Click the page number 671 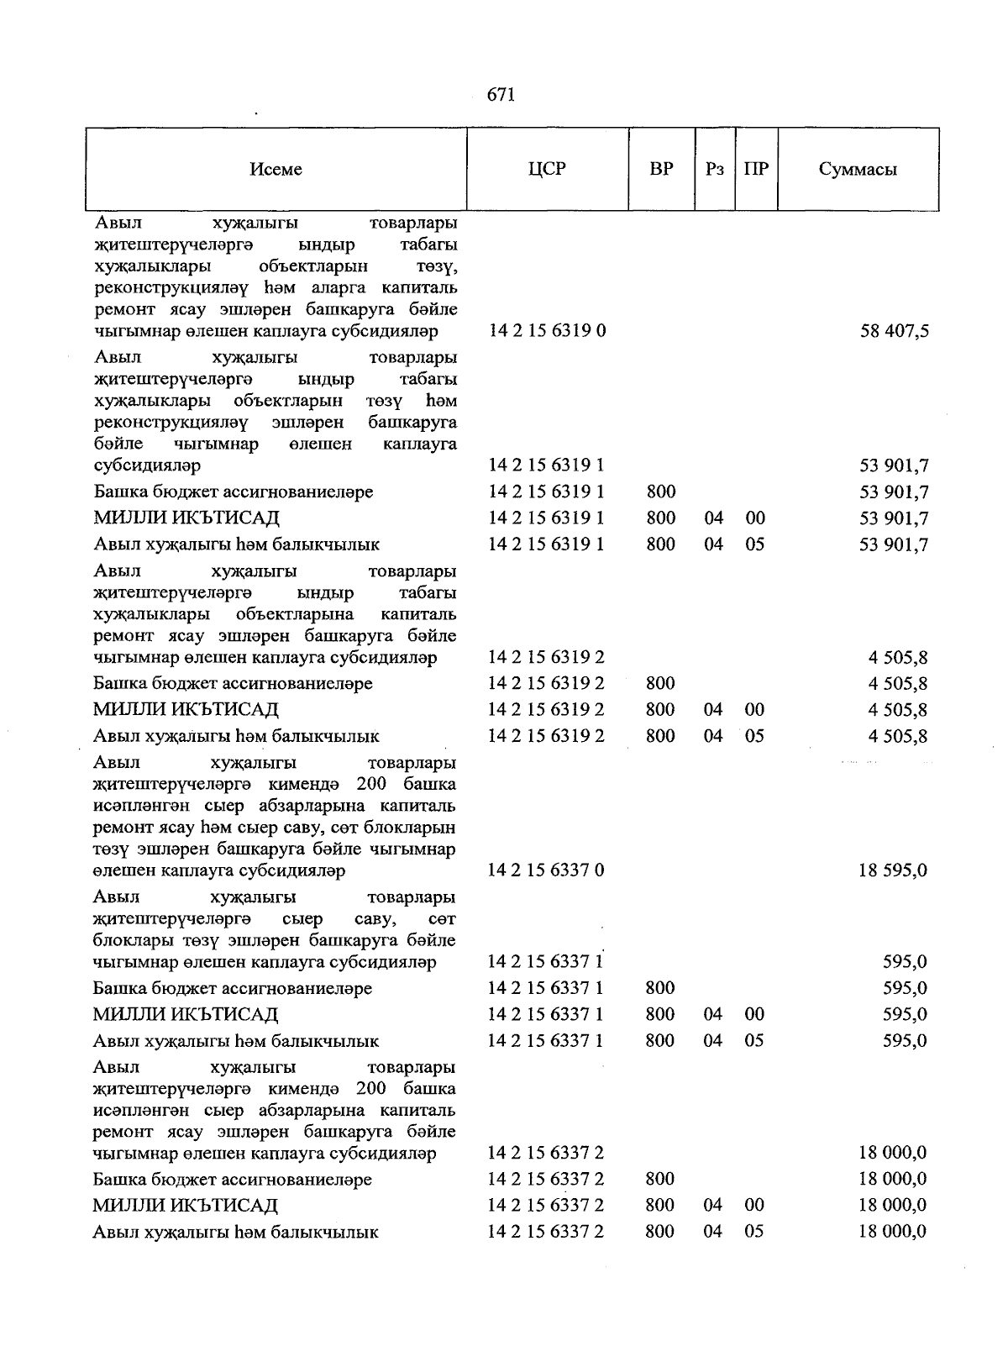point(501,95)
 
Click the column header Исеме point(276,170)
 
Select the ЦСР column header point(547,169)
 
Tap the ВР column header point(661,169)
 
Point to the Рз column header point(715,169)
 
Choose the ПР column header point(756,169)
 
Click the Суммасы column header point(858,170)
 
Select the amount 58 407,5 point(894,331)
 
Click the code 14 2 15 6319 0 point(547,331)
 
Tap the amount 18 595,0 point(892,870)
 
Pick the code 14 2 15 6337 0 point(546,870)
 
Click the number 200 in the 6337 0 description point(370,784)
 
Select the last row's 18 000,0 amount point(892,1232)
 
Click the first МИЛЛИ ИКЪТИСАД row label point(186,518)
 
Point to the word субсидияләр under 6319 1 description point(147,465)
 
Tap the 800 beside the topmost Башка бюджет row point(661,492)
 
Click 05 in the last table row point(754,1232)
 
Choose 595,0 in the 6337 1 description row point(905,962)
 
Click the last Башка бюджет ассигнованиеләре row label point(233,1180)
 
